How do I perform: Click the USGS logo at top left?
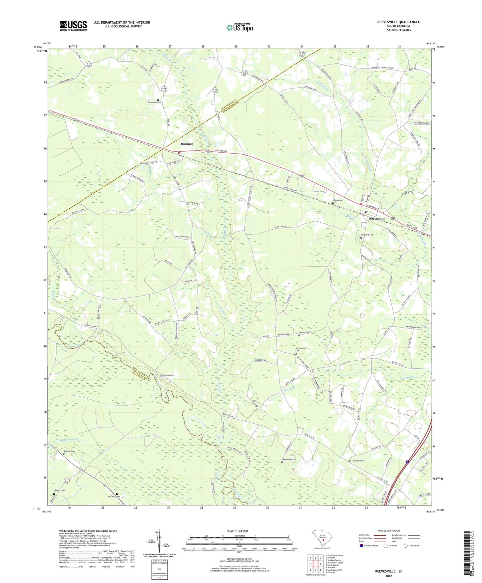73,26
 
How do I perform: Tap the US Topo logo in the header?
239,27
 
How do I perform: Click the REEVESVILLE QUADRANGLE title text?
394,22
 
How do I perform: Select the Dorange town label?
187,144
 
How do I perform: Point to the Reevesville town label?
377,219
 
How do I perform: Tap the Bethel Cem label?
338,201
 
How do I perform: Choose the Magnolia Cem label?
367,235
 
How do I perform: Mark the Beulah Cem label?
169,375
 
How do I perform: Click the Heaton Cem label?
304,333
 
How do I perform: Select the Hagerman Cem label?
289,459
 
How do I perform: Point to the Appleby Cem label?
358,461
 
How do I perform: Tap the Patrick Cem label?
69,451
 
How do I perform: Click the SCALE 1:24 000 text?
237,531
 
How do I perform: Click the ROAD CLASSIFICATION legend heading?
389,531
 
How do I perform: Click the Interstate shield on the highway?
407,462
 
